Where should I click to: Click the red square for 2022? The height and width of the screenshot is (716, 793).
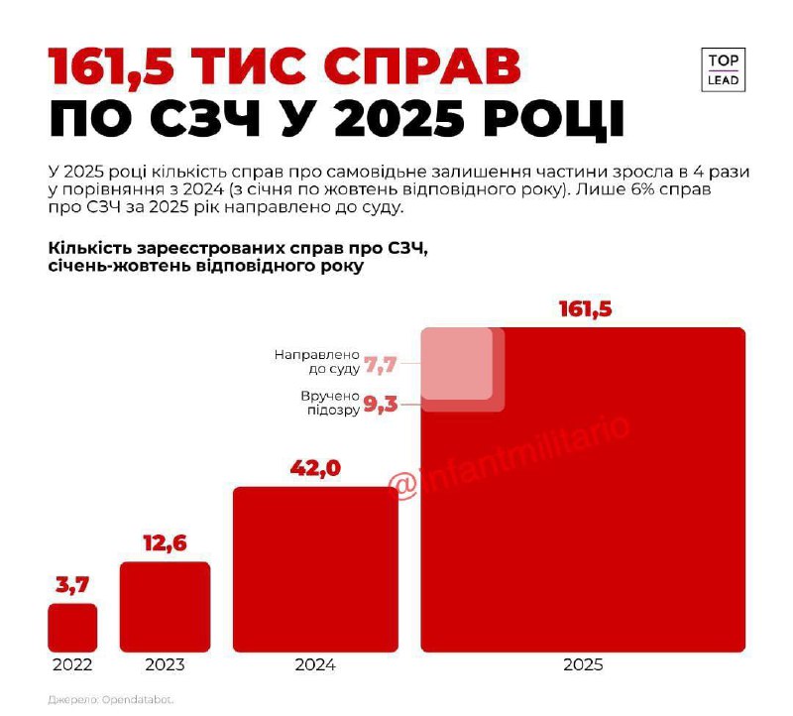(x=72, y=628)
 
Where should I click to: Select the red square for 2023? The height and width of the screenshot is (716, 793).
(x=165, y=607)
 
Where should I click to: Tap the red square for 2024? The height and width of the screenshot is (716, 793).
(x=315, y=569)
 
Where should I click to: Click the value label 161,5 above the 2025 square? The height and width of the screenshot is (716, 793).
(x=586, y=309)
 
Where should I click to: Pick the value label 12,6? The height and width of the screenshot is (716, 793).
(x=165, y=543)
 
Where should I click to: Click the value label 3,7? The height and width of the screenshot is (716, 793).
(x=72, y=586)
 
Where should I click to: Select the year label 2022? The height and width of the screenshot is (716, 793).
(x=72, y=665)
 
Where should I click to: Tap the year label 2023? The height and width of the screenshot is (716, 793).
(x=165, y=665)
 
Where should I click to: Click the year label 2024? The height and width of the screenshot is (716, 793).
(x=315, y=665)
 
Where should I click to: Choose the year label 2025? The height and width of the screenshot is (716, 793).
(x=583, y=665)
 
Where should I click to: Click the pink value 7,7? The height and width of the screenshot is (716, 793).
(x=381, y=366)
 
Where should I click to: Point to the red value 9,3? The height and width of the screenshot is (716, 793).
(x=381, y=405)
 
